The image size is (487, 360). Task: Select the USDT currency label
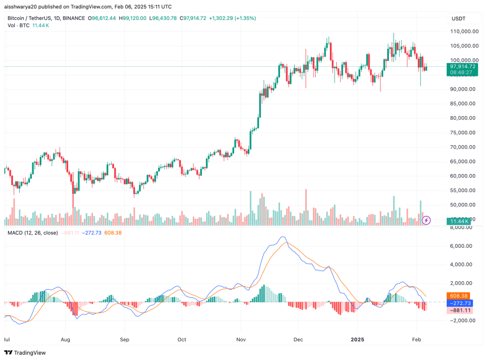pos(458,19)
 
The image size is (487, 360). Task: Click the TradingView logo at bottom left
pos(27,351)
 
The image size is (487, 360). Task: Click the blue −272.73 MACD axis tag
pos(459,303)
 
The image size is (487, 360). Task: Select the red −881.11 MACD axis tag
pos(459,311)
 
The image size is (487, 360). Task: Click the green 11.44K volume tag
pos(459,221)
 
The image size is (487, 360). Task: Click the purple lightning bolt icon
pos(427,219)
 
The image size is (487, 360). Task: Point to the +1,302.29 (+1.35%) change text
pos(233,19)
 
